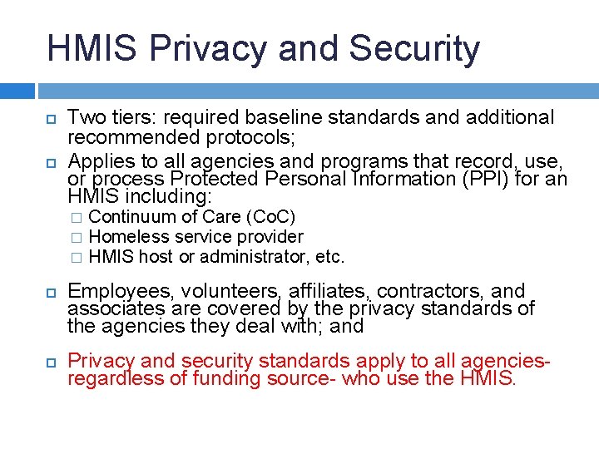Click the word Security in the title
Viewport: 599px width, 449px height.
414,48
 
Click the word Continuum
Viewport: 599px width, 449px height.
131,217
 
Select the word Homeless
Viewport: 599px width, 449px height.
123,237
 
